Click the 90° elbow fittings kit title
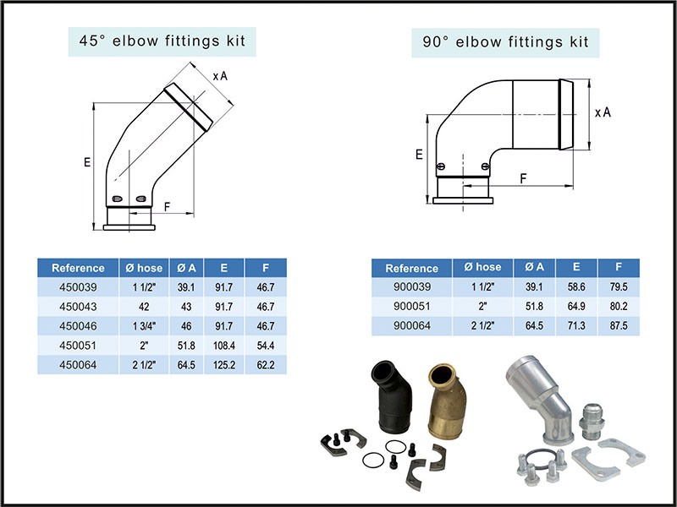coord(505,41)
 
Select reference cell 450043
coord(78,308)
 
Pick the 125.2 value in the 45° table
coord(224,365)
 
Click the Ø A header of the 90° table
coord(534,268)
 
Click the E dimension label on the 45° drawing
coord(87,163)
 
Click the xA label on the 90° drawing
coord(603,112)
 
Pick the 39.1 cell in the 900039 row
coord(534,287)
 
